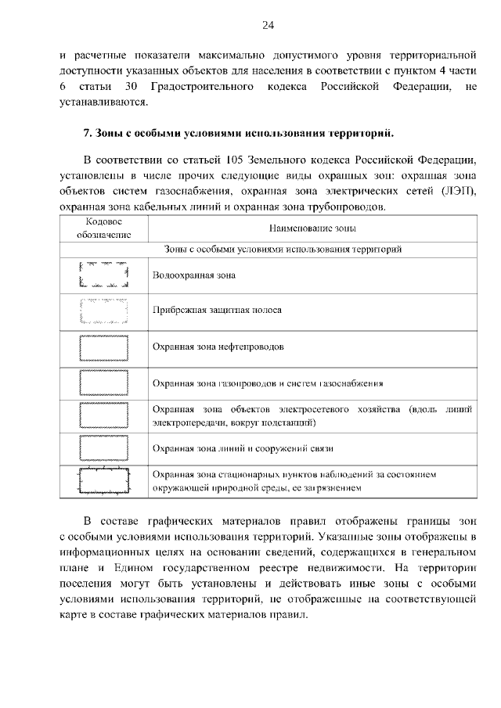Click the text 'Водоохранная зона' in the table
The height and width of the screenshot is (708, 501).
point(194,275)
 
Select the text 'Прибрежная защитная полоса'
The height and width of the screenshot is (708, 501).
point(217,311)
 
